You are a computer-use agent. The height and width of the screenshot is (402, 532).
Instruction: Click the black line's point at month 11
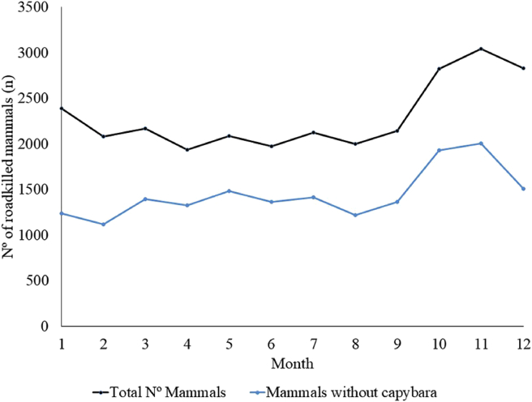(481, 49)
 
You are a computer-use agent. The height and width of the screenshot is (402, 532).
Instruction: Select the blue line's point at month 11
(481, 143)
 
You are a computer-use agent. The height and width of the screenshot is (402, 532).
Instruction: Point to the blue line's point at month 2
(103, 225)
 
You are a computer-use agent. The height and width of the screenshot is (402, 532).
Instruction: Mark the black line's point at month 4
(187, 150)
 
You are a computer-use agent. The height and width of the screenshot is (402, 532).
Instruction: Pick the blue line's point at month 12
(523, 189)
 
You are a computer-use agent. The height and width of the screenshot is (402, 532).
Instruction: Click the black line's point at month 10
(439, 69)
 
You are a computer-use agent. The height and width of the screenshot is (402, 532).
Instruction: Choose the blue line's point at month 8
(355, 215)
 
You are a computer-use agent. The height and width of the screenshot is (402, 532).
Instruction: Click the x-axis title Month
(292, 361)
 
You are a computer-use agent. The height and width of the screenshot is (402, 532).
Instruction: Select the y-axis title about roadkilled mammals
(10, 166)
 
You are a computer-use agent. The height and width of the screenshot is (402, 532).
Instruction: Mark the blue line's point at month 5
(229, 191)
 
